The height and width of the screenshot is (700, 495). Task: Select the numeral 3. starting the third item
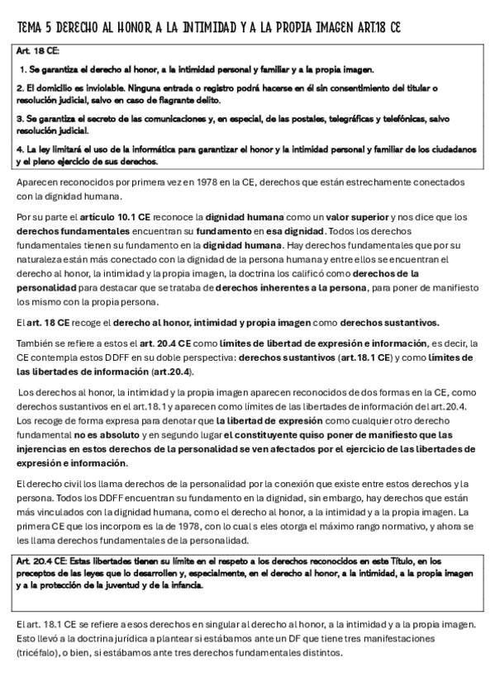pos(21,119)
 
